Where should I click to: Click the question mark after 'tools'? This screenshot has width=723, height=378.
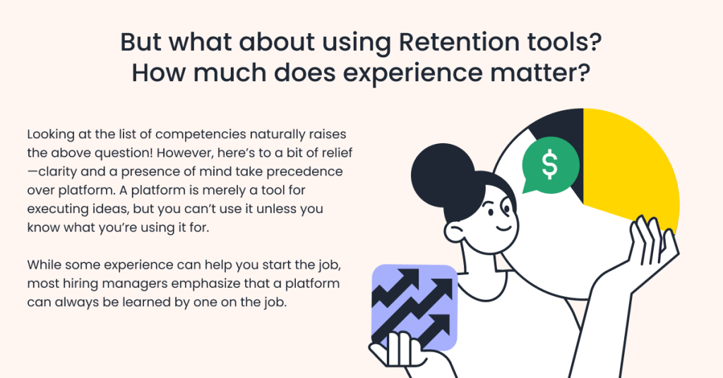point(595,42)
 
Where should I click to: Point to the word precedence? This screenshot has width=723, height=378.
point(304,172)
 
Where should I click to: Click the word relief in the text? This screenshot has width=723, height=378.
point(339,152)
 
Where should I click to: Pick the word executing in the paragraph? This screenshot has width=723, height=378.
point(54,209)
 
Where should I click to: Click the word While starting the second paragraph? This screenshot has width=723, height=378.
point(44,264)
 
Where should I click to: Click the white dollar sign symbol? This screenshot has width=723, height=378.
point(549,165)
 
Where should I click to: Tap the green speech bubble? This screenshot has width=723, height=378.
point(550,165)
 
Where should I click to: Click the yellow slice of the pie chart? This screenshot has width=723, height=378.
point(629,166)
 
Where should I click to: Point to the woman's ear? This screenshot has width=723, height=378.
point(454,232)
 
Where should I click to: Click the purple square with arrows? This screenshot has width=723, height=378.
point(414,307)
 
